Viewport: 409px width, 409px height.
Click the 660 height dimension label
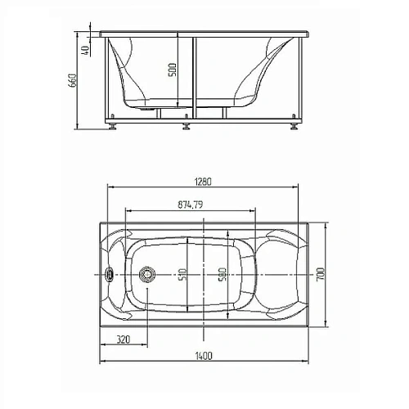point(72,80)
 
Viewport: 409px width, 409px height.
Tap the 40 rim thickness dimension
point(85,50)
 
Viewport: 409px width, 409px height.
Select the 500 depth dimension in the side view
point(173,72)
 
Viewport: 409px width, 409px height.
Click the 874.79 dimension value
point(189,204)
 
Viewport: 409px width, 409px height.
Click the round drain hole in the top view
point(148,275)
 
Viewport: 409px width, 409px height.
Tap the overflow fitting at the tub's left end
point(111,275)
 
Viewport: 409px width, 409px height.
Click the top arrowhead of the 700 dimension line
point(327,222)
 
